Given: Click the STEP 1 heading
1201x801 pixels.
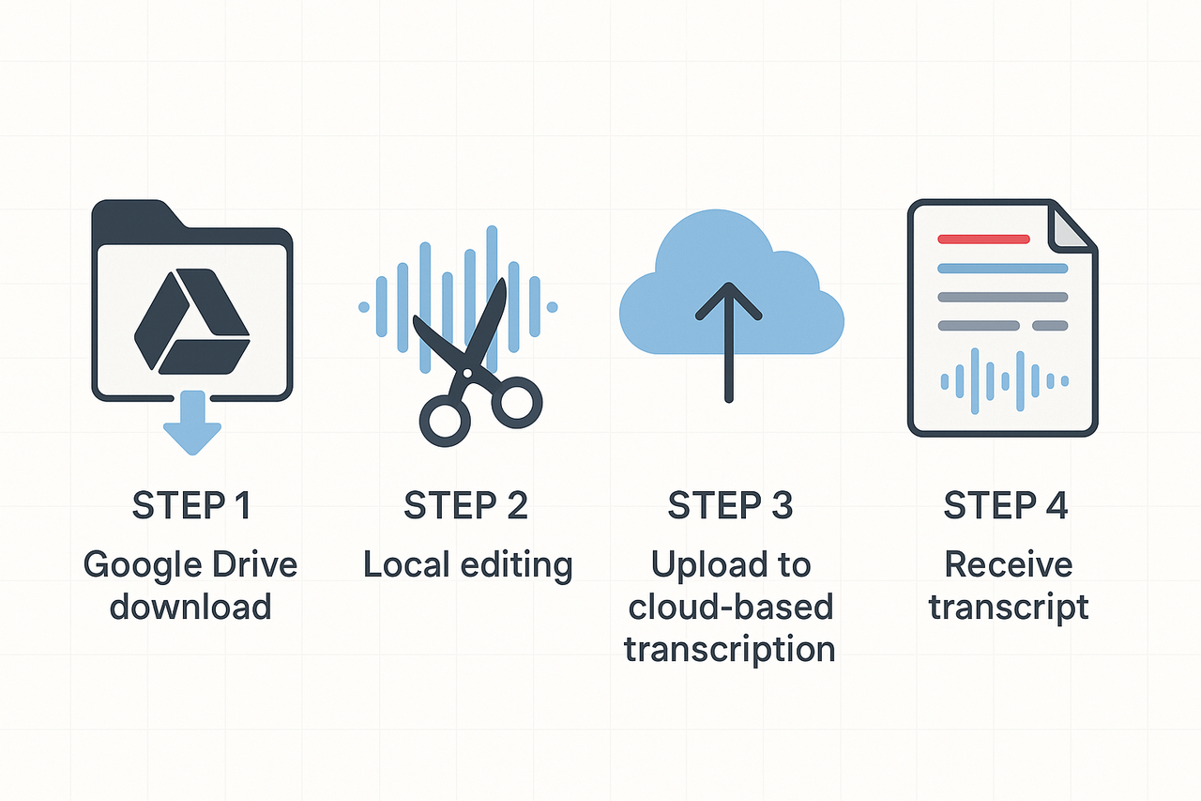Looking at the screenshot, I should [x=191, y=506].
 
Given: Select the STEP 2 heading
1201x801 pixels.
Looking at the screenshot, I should [x=466, y=506].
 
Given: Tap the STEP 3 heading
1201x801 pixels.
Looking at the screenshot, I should [x=730, y=506].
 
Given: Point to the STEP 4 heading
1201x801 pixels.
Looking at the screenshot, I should [x=1006, y=506].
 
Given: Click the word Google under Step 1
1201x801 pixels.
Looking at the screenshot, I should [x=139, y=565].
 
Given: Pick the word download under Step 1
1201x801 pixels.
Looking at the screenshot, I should [x=190, y=607].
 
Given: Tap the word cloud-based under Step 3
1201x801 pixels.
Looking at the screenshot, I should [x=730, y=607].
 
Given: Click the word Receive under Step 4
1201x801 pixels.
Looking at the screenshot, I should [x=1008, y=565].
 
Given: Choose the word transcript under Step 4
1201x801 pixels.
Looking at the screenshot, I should [x=1009, y=607].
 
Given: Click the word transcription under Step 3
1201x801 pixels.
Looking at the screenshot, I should [x=730, y=649].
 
